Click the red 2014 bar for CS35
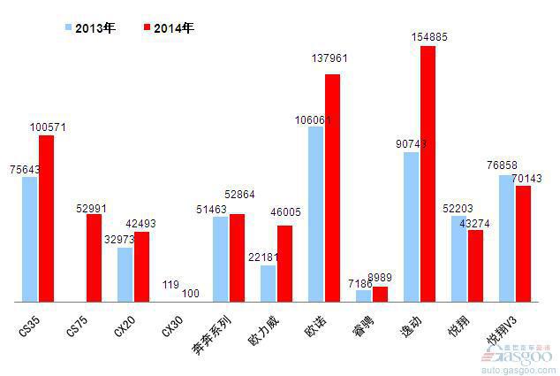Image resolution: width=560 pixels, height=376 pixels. pos(47,218)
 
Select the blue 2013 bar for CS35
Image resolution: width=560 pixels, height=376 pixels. pos(30,239)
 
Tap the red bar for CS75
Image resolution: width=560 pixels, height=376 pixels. pos(95,257)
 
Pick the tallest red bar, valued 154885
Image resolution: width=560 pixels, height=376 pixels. pos(428,173)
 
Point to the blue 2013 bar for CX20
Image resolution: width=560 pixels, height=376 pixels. pos(125,274)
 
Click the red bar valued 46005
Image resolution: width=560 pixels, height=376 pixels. pos(285,264)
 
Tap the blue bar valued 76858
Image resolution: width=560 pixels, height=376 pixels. pos(507,238)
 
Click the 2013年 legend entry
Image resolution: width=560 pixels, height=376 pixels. pos(91,28)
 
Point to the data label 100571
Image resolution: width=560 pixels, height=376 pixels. pos(48,127)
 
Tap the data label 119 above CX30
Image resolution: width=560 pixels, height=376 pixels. pos(171,285)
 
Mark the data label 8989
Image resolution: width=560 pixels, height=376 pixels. pos(381,277)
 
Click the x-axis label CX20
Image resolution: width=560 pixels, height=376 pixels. pos(125,326)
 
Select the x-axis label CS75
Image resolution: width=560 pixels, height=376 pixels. pos(78,326)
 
